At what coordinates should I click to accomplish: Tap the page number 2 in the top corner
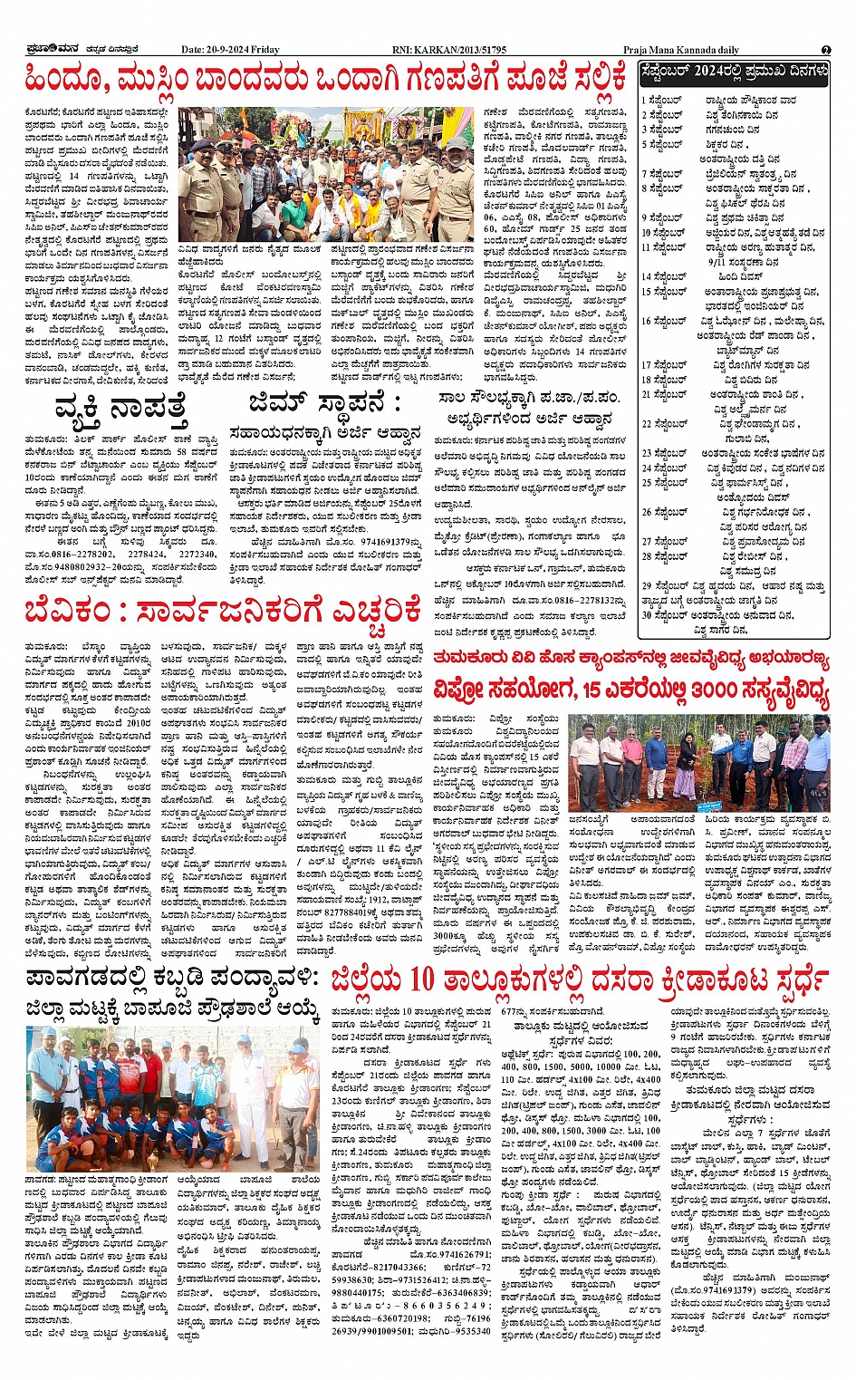tap(825, 50)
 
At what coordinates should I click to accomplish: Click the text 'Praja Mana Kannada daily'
tap(681, 50)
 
